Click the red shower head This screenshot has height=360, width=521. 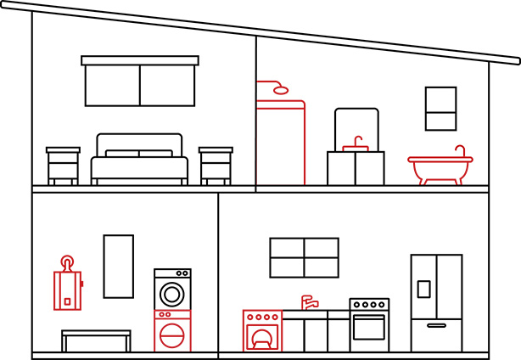pyautogui.click(x=280, y=88)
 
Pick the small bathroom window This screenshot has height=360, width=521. pyautogui.click(x=440, y=108)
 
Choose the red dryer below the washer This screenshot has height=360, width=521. pyautogui.click(x=172, y=330)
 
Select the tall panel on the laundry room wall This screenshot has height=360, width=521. pyautogui.click(x=119, y=266)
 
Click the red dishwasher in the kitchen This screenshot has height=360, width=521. pyautogui.click(x=261, y=331)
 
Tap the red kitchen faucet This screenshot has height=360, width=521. pyautogui.click(x=309, y=302)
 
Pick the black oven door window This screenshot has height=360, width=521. pyautogui.click(x=369, y=329)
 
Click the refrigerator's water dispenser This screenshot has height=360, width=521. pyautogui.click(x=423, y=289)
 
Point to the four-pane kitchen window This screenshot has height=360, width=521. pyautogui.click(x=304, y=257)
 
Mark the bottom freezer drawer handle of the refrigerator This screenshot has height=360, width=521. pyautogui.click(x=436, y=325)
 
